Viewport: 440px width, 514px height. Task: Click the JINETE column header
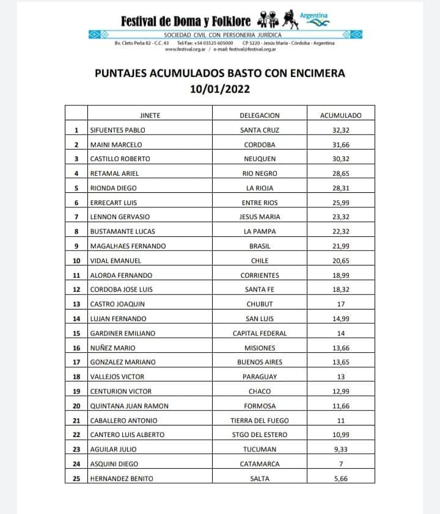(150, 115)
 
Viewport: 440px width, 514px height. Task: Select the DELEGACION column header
(260, 115)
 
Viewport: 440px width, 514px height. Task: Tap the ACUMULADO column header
(341, 115)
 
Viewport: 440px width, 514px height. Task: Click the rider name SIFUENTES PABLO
(117, 130)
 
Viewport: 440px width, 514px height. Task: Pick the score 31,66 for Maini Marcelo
(341, 145)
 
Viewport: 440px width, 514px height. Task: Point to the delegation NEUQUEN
(260, 159)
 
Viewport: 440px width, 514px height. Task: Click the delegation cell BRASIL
(260, 246)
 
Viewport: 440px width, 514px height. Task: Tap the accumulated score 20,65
(341, 261)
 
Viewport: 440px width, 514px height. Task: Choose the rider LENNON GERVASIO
(120, 217)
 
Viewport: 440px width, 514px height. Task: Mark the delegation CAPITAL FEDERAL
(260, 333)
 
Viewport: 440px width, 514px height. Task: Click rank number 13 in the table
(76, 304)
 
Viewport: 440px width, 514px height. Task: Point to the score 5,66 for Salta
(341, 479)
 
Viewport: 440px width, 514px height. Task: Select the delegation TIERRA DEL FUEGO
(260, 421)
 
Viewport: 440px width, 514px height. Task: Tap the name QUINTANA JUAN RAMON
(129, 406)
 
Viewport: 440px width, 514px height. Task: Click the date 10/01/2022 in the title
(219, 89)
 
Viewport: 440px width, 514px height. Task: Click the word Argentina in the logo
(314, 15)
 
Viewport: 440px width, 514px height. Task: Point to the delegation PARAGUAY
(260, 377)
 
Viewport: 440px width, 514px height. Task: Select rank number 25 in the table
(76, 479)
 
